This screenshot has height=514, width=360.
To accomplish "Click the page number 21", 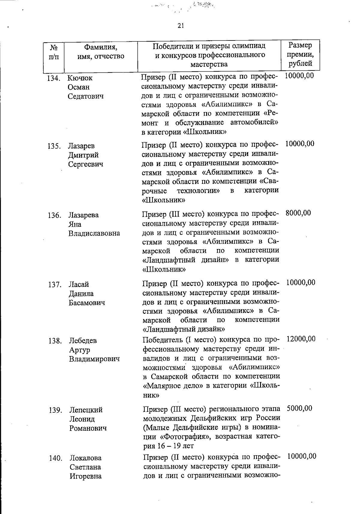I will (180, 26).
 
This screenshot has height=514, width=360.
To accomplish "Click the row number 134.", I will (54, 79).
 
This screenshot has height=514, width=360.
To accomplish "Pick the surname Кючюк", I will (80, 78).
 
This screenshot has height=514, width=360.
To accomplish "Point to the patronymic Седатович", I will (85, 97).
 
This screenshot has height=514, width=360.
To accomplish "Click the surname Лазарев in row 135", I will (81, 146).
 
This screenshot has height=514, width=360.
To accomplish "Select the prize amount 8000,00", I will (298, 213).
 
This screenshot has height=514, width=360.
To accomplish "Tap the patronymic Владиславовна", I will (94, 233).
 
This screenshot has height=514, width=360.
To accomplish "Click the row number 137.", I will (55, 285).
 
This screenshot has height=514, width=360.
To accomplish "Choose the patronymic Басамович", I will (87, 303).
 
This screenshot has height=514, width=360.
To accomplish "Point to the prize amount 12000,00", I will (301, 339).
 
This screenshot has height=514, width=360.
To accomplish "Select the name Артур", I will (79, 350).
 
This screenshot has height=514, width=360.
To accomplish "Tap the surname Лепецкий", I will (86, 410).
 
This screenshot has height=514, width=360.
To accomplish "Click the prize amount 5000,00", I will (299, 409).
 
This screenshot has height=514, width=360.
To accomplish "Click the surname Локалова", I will (85, 458).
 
